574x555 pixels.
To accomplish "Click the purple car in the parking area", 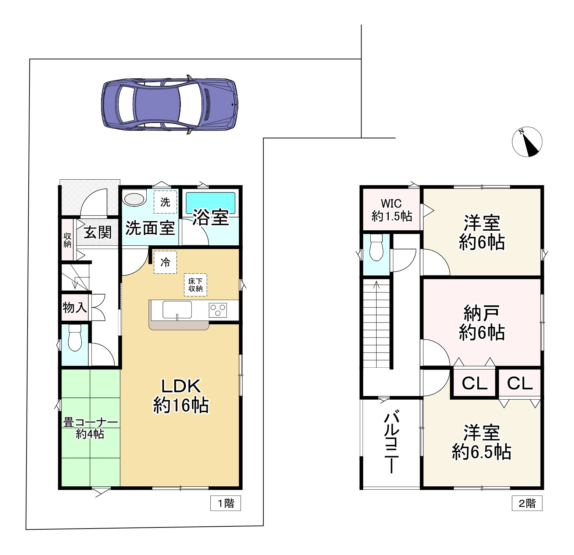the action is [170, 104].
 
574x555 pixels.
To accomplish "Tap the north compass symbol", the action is [527, 142].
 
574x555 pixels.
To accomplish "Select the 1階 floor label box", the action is [225, 503].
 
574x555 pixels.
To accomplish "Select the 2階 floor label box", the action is [527, 503].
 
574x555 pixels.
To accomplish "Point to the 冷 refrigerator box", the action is [165, 262].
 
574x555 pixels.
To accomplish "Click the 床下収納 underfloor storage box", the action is [196, 285].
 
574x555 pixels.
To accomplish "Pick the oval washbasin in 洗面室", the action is [134, 199].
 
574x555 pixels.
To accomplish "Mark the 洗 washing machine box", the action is [165, 202].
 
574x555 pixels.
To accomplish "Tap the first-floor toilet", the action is [75, 338].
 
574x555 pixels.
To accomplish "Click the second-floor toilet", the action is [377, 247].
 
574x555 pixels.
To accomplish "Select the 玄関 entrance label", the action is [97, 233].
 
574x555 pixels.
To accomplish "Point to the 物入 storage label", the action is [75, 307].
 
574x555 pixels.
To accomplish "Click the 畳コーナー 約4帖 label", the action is [90, 428].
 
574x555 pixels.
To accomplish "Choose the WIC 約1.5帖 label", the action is [392, 210].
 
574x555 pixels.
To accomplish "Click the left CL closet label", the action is [474, 383].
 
